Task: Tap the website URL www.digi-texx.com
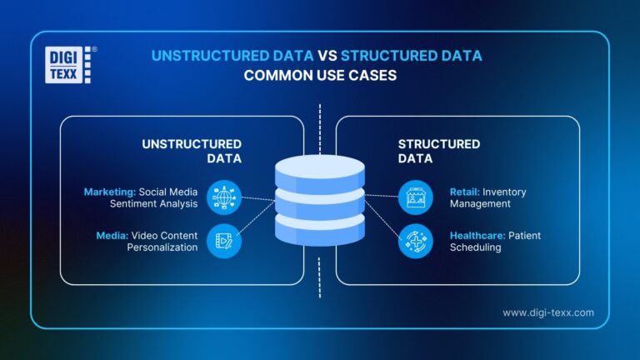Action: tap(547, 312)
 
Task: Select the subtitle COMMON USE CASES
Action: tap(319, 76)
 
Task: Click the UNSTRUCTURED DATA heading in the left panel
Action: tap(192, 151)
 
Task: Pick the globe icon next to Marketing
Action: tap(224, 197)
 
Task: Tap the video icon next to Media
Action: tap(224, 242)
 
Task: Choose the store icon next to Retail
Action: tap(415, 197)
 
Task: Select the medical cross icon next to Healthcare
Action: tap(415, 242)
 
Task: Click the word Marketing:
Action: tap(110, 192)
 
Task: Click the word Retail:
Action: tap(465, 192)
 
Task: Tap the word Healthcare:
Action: tap(478, 236)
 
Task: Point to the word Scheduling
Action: tap(475, 247)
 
